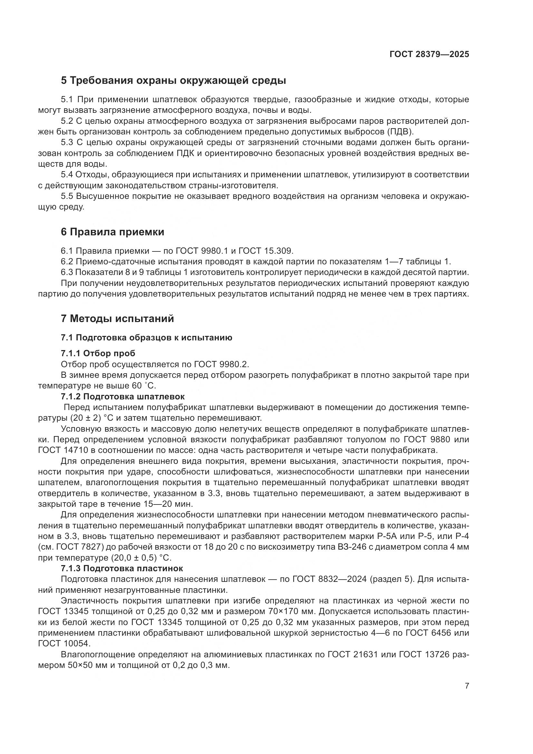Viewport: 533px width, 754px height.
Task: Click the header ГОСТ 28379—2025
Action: click(429, 54)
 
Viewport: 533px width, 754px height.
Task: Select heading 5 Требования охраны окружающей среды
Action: click(173, 81)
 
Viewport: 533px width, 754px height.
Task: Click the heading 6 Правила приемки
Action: click(112, 232)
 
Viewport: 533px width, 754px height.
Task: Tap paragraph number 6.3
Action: click(67, 273)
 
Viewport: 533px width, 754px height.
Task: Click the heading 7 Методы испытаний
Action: click(117, 319)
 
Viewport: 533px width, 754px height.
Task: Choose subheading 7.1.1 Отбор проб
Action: click(98, 353)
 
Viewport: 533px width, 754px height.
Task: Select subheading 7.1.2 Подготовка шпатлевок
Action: click(122, 397)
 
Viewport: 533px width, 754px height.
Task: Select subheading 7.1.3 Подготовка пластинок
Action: click(122, 568)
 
